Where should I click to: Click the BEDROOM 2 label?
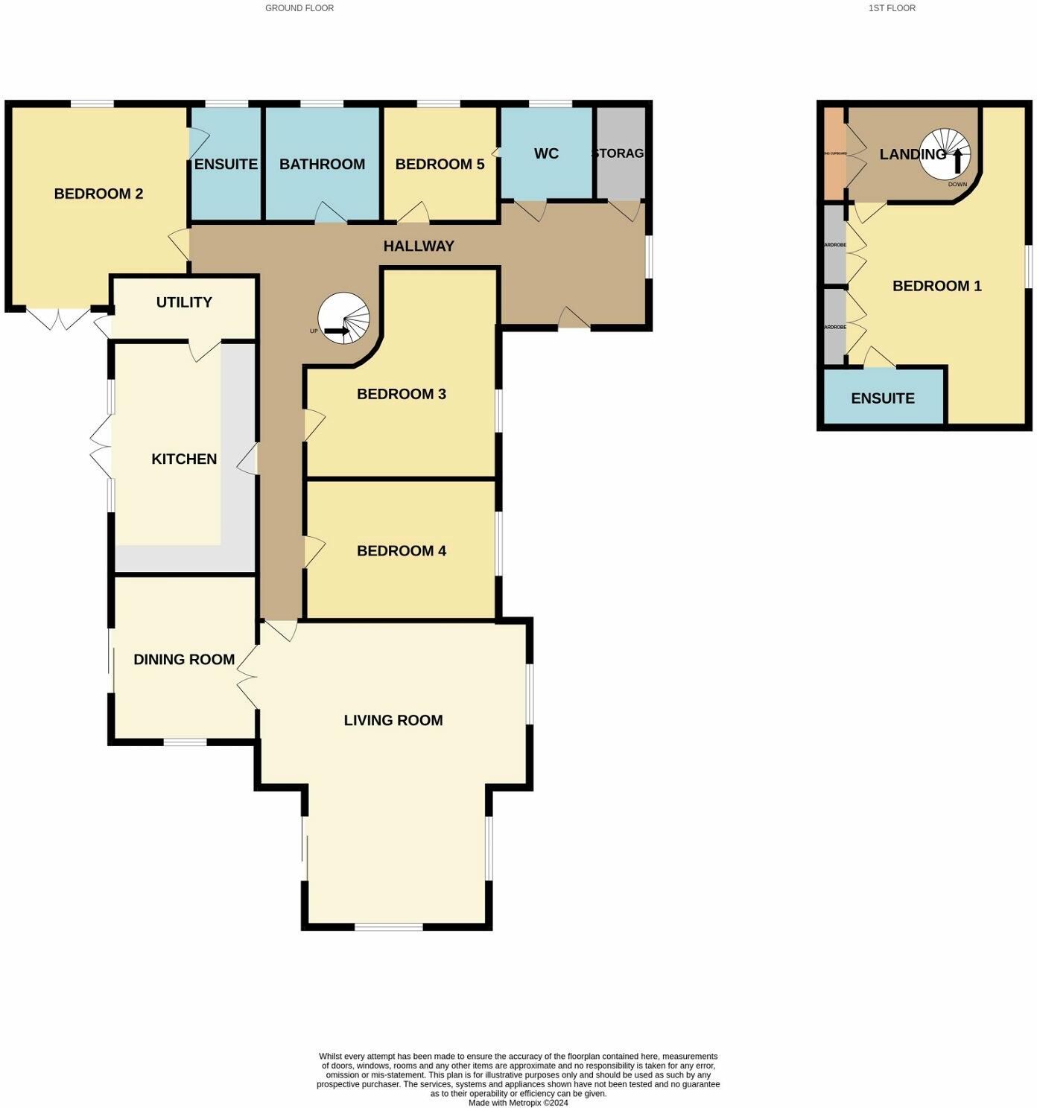pos(98,194)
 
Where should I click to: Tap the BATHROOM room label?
pos(322,164)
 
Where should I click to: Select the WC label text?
pos(546,153)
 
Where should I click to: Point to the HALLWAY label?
pos(419,246)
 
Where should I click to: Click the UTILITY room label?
pos(184,302)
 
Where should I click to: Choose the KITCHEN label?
pos(184,459)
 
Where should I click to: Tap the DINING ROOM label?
pos(184,659)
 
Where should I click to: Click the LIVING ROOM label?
pos(393,720)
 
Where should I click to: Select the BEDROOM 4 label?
pos(402,550)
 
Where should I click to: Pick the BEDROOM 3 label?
pos(402,394)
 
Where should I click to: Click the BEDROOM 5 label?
pos(440,164)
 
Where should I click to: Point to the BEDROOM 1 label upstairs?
pos(937,286)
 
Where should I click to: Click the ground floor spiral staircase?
pos(343,319)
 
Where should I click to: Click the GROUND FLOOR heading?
pos(299,8)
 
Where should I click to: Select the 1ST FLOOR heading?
pos(892,8)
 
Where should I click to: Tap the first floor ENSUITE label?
pos(883,398)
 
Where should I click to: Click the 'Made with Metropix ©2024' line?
pos(518,1103)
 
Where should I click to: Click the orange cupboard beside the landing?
pos(834,153)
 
